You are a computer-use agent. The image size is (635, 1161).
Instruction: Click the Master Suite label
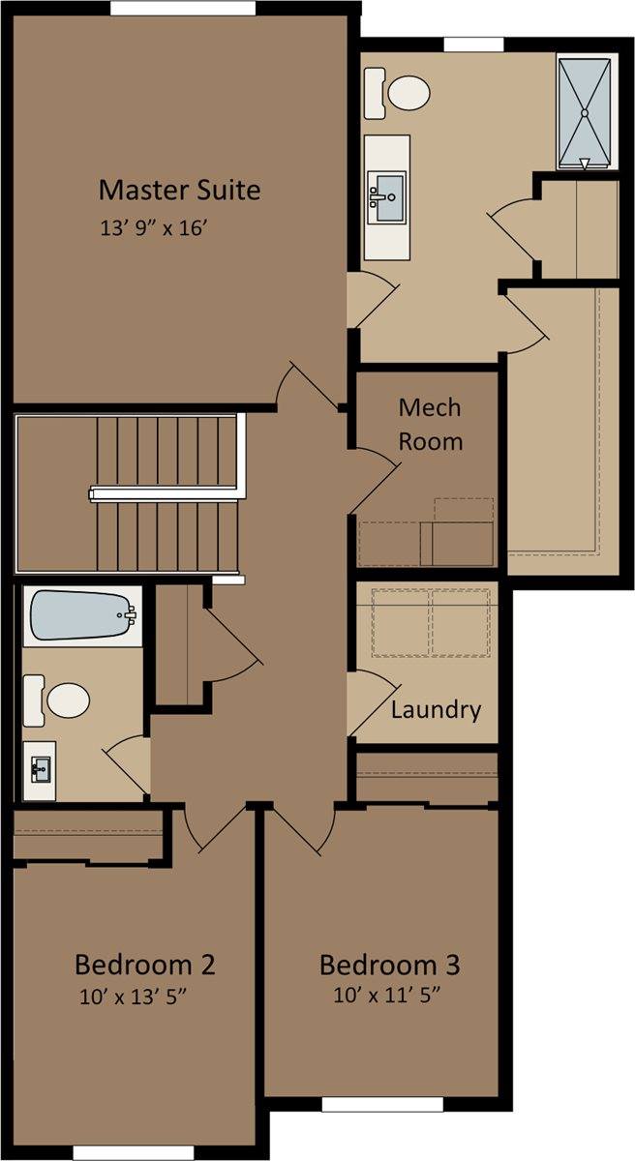(x=179, y=190)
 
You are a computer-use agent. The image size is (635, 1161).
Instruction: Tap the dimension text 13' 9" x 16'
(x=154, y=228)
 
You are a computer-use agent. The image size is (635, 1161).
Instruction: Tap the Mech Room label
(x=430, y=425)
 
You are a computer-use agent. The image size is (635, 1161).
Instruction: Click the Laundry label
(x=436, y=710)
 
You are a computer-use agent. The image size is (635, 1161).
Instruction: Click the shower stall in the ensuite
(x=585, y=114)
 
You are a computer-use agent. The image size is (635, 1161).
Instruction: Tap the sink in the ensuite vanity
(x=385, y=197)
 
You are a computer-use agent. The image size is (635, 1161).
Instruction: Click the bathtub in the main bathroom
(x=83, y=616)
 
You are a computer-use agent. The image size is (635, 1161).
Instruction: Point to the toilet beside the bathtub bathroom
(x=56, y=700)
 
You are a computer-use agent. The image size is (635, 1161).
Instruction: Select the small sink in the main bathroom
(x=41, y=770)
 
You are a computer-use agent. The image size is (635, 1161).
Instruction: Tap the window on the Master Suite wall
(x=183, y=9)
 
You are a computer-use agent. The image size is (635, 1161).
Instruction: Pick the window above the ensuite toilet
(x=473, y=45)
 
